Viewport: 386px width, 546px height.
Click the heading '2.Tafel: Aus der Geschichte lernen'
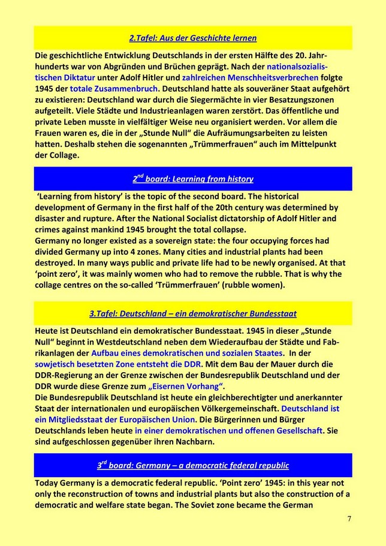pyautogui.click(x=193, y=38)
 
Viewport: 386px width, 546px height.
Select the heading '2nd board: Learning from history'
pyautogui.click(x=193, y=179)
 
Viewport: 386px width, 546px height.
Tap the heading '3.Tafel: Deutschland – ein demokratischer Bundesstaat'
pyautogui.click(x=193, y=313)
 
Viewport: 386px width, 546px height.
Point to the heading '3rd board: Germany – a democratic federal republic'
pyautogui.click(x=193, y=465)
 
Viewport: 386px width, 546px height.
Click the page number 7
pyautogui.click(x=349, y=518)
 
